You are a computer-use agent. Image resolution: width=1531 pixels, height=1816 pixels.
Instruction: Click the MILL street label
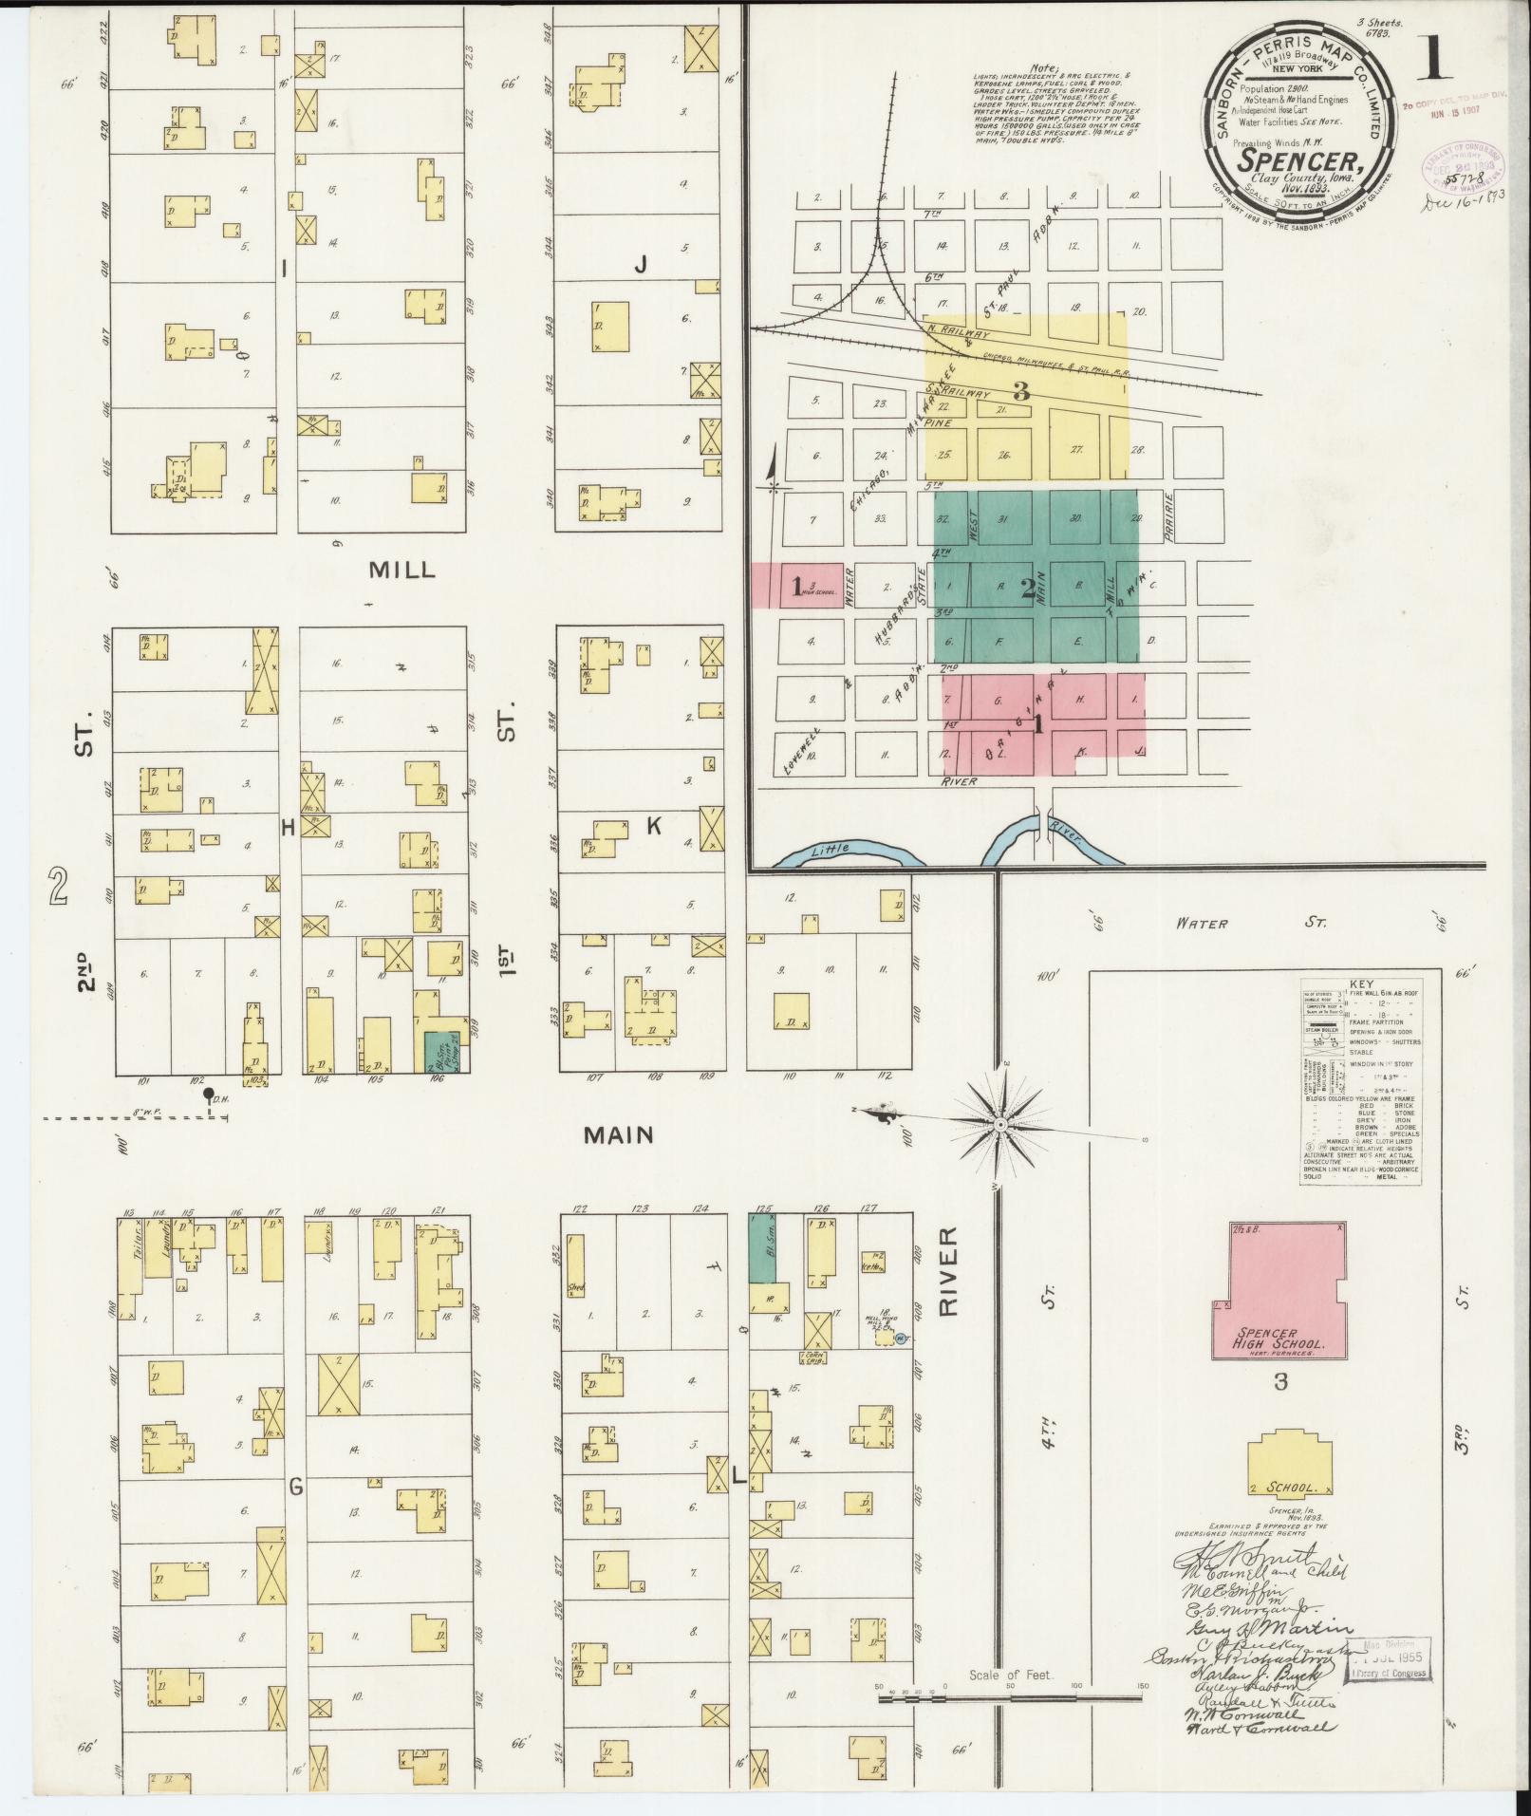coord(401,570)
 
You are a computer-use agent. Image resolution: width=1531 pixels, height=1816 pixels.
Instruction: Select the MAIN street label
coord(619,1134)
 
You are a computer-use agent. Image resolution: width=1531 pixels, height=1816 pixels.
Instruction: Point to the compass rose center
coord(999,1124)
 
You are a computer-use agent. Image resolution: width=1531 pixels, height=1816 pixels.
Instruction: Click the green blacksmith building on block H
coord(438,1051)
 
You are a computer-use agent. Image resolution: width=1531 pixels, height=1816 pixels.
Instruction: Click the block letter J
coord(641,267)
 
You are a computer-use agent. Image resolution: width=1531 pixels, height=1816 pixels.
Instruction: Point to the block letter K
coord(653,827)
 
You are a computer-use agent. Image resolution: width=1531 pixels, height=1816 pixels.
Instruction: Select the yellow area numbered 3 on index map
coord(1021,390)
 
